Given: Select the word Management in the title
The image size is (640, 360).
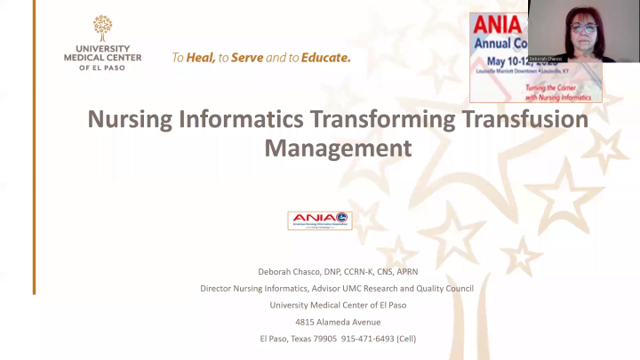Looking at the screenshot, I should click(x=338, y=147).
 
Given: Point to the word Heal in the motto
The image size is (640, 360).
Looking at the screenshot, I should click(x=202, y=58).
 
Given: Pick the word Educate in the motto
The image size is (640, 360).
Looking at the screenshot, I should click(x=325, y=58).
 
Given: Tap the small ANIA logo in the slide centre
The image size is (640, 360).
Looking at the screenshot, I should click(x=319, y=220).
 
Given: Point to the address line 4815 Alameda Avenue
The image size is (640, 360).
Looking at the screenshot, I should click(x=338, y=321).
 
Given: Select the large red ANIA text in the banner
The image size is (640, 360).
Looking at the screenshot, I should click(x=499, y=24).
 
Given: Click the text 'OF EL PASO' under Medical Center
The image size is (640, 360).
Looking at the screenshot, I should click(x=103, y=68).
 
